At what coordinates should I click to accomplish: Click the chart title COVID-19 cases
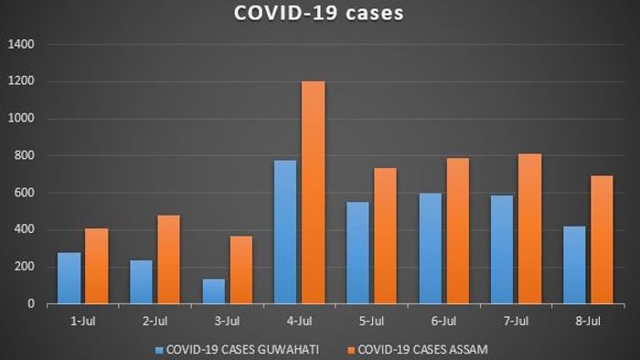pos(319,15)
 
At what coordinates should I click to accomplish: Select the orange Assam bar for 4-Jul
pos(313,193)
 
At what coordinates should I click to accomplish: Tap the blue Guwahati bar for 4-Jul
pos(286,232)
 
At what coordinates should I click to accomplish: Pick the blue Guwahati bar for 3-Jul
pos(214,291)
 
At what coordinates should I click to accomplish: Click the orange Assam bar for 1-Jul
pos(96,266)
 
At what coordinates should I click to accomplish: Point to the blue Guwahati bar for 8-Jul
pos(575,265)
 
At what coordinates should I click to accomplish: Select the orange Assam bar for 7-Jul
pos(529,228)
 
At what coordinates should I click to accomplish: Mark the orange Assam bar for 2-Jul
pos(168,259)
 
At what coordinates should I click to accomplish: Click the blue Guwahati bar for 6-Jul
pos(431,249)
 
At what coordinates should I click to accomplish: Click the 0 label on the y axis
pos(31,303)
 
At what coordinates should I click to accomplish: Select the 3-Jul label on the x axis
pos(227,321)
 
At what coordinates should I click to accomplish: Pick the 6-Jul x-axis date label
pos(443,321)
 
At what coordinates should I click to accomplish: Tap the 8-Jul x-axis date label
pos(588,321)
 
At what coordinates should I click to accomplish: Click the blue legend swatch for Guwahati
pos(160,349)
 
